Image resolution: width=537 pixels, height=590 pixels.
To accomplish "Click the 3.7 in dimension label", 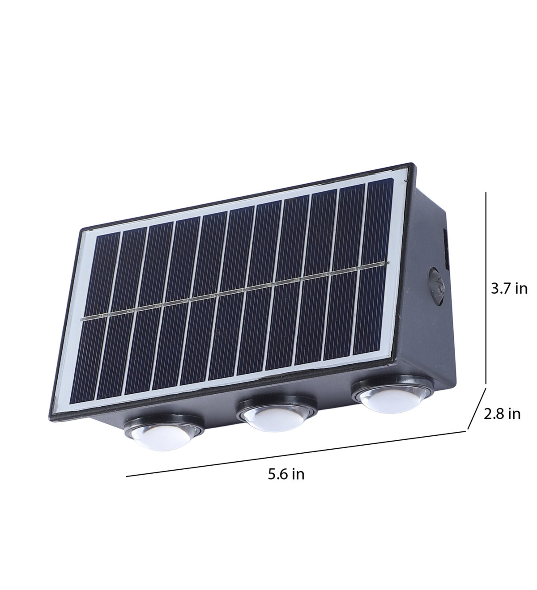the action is [509, 289].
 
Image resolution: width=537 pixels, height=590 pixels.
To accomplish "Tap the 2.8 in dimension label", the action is [502, 414].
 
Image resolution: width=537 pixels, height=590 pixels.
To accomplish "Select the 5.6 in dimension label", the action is [286, 482].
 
